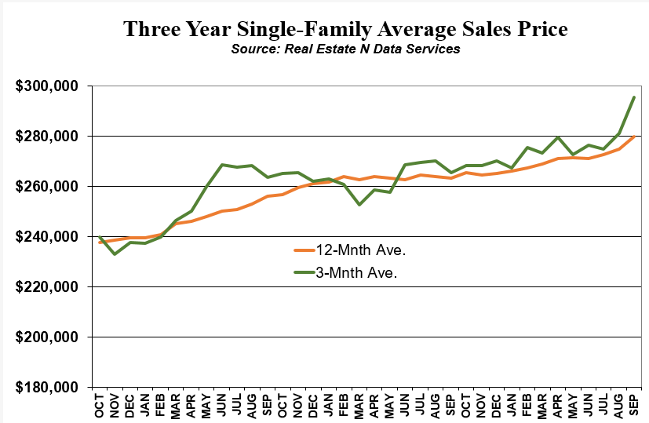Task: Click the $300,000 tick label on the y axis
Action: (x=47, y=86)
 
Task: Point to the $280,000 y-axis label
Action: (x=47, y=137)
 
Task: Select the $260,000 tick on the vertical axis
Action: (x=47, y=187)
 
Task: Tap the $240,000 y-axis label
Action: (x=47, y=237)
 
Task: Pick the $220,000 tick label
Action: (x=47, y=286)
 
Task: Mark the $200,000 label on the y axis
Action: (x=47, y=337)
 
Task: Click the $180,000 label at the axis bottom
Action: (x=47, y=388)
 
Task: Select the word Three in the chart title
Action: (x=151, y=28)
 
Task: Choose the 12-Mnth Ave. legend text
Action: (x=360, y=250)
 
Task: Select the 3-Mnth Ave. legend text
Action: (x=356, y=273)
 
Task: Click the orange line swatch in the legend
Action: (x=304, y=250)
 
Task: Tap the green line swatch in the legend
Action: (x=304, y=272)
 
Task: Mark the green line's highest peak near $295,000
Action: (x=633, y=97)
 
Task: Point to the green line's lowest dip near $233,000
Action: (x=115, y=253)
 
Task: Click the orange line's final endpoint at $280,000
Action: (x=633, y=137)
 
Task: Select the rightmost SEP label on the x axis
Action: (x=633, y=405)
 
